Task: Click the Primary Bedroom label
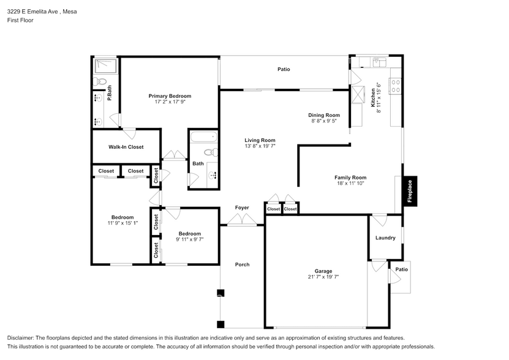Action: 170,96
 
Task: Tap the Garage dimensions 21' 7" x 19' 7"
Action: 323,277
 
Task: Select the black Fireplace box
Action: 410,190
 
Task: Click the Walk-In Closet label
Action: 126,147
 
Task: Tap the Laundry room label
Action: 385,238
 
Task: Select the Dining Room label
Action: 323,115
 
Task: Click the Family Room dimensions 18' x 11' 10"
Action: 350,183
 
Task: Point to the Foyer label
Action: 242,208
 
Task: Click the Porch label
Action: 242,264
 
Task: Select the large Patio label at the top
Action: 283,69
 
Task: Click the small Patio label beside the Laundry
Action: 401,269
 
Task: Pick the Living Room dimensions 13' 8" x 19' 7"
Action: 260,146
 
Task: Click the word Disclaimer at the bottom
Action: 21,338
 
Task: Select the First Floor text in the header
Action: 20,20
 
